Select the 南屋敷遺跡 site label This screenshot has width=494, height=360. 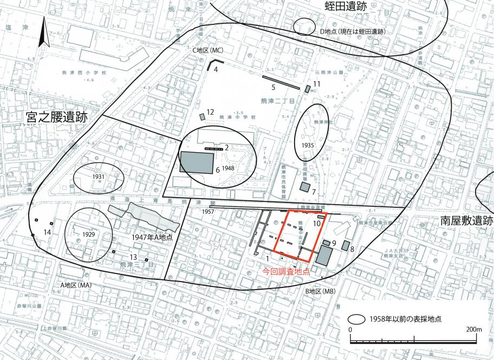pyautogui.click(x=466, y=221)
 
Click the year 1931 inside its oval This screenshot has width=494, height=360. pyautogui.click(x=98, y=177)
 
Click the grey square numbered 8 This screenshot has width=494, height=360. pyautogui.click(x=345, y=245)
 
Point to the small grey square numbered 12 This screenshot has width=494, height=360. pyautogui.click(x=203, y=116)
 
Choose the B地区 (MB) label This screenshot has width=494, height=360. pyautogui.click(x=322, y=292)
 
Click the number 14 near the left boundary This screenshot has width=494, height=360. pyautogui.click(x=48, y=232)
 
